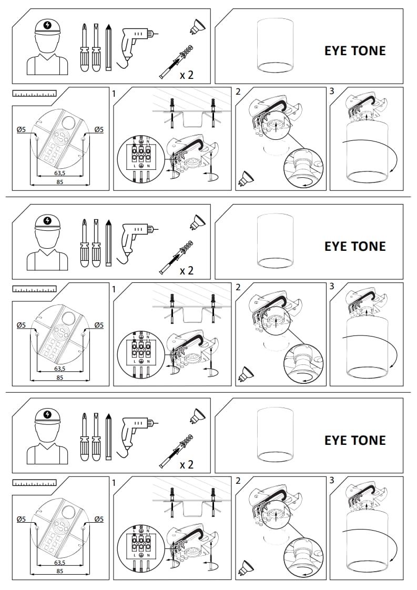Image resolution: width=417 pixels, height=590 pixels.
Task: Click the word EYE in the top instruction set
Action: tap(335, 50)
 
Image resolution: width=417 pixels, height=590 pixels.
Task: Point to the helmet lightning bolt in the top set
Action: tap(48, 25)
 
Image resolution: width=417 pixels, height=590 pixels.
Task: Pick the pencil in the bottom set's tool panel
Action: tap(108, 437)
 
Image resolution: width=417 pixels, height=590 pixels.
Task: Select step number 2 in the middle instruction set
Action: tap(238, 287)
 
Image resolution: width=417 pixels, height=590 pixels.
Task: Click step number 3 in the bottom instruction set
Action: tap(332, 480)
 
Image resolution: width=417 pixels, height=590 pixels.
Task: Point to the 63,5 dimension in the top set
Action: tap(59, 173)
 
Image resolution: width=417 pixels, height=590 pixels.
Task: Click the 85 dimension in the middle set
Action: tap(59, 378)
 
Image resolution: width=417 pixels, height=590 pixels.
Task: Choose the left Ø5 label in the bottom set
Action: tap(21, 519)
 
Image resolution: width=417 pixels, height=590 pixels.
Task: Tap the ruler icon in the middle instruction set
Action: tap(34, 289)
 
